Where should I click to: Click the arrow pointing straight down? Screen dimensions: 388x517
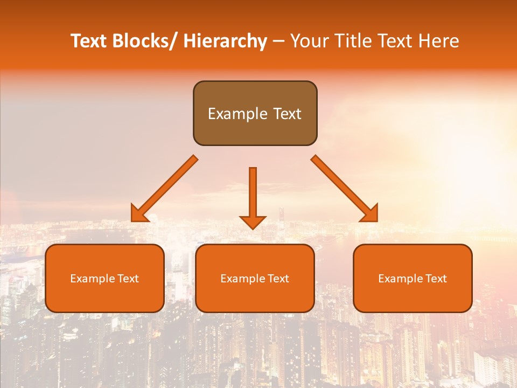(x=253, y=194)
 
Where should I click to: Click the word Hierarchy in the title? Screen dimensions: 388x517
(x=225, y=41)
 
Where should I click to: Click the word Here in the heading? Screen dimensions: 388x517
(x=439, y=41)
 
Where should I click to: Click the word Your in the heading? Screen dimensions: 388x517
(x=309, y=41)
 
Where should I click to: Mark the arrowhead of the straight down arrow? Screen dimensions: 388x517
(x=253, y=221)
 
